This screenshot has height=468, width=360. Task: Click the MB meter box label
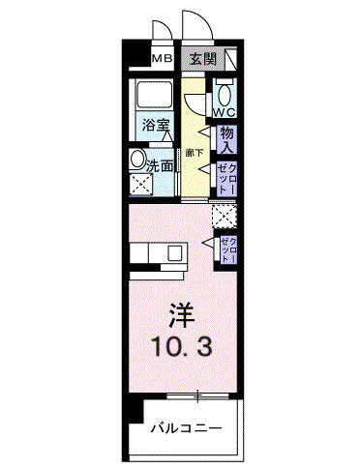[x=163, y=58]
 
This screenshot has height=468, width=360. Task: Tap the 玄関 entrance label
[x=202, y=59]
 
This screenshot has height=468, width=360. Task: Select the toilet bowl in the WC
[x=225, y=94]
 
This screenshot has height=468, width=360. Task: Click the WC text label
[x=225, y=112]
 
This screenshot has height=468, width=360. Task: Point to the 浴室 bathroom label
[x=156, y=125]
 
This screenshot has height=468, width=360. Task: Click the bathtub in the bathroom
[x=155, y=95]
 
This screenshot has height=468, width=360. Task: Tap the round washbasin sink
[x=136, y=159]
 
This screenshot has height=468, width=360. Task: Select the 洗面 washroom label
[x=160, y=165]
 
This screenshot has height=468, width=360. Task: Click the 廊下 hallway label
[x=195, y=153]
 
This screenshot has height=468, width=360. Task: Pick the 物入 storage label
[x=226, y=139]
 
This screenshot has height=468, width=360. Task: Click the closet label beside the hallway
[x=227, y=179]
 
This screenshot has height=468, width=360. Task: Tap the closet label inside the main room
[x=228, y=249]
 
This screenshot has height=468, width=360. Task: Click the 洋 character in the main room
[x=182, y=315]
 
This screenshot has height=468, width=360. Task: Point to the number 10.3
[x=182, y=346]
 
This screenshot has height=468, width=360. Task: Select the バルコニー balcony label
[x=187, y=428]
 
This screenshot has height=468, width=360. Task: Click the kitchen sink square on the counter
[x=175, y=253]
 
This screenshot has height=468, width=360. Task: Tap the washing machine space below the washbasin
[x=141, y=184]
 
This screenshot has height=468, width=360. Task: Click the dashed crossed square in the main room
[x=225, y=216]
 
